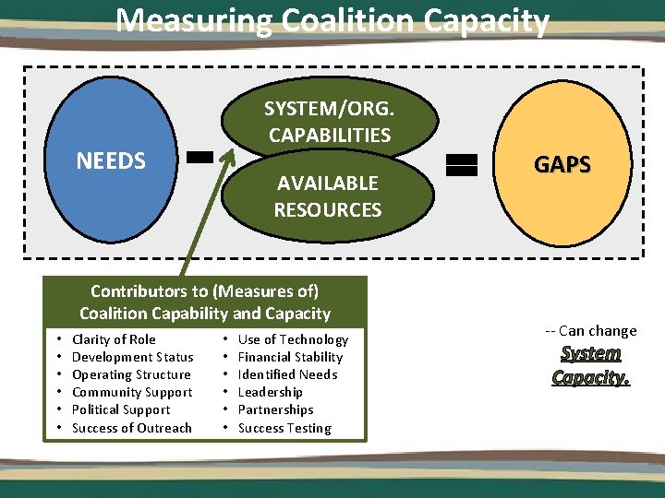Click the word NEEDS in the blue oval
(x=111, y=160)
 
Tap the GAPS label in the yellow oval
(x=562, y=164)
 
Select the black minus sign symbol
(x=199, y=158)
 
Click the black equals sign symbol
(x=461, y=165)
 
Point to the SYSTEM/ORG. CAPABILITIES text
(x=328, y=122)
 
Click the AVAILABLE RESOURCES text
(x=328, y=196)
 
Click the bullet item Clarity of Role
(x=114, y=339)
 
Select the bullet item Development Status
(x=132, y=357)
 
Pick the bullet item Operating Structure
(x=131, y=374)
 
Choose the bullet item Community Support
(x=132, y=392)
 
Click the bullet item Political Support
(x=121, y=409)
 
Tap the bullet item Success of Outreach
(x=132, y=428)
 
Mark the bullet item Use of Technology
(x=293, y=339)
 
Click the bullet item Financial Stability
(x=290, y=357)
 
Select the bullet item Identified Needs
(x=287, y=374)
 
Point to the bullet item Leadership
(x=270, y=392)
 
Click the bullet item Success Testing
(x=284, y=428)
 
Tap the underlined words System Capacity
(x=591, y=365)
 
